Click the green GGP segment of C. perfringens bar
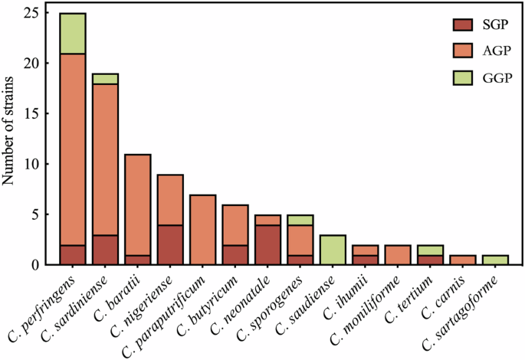point(73,34)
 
